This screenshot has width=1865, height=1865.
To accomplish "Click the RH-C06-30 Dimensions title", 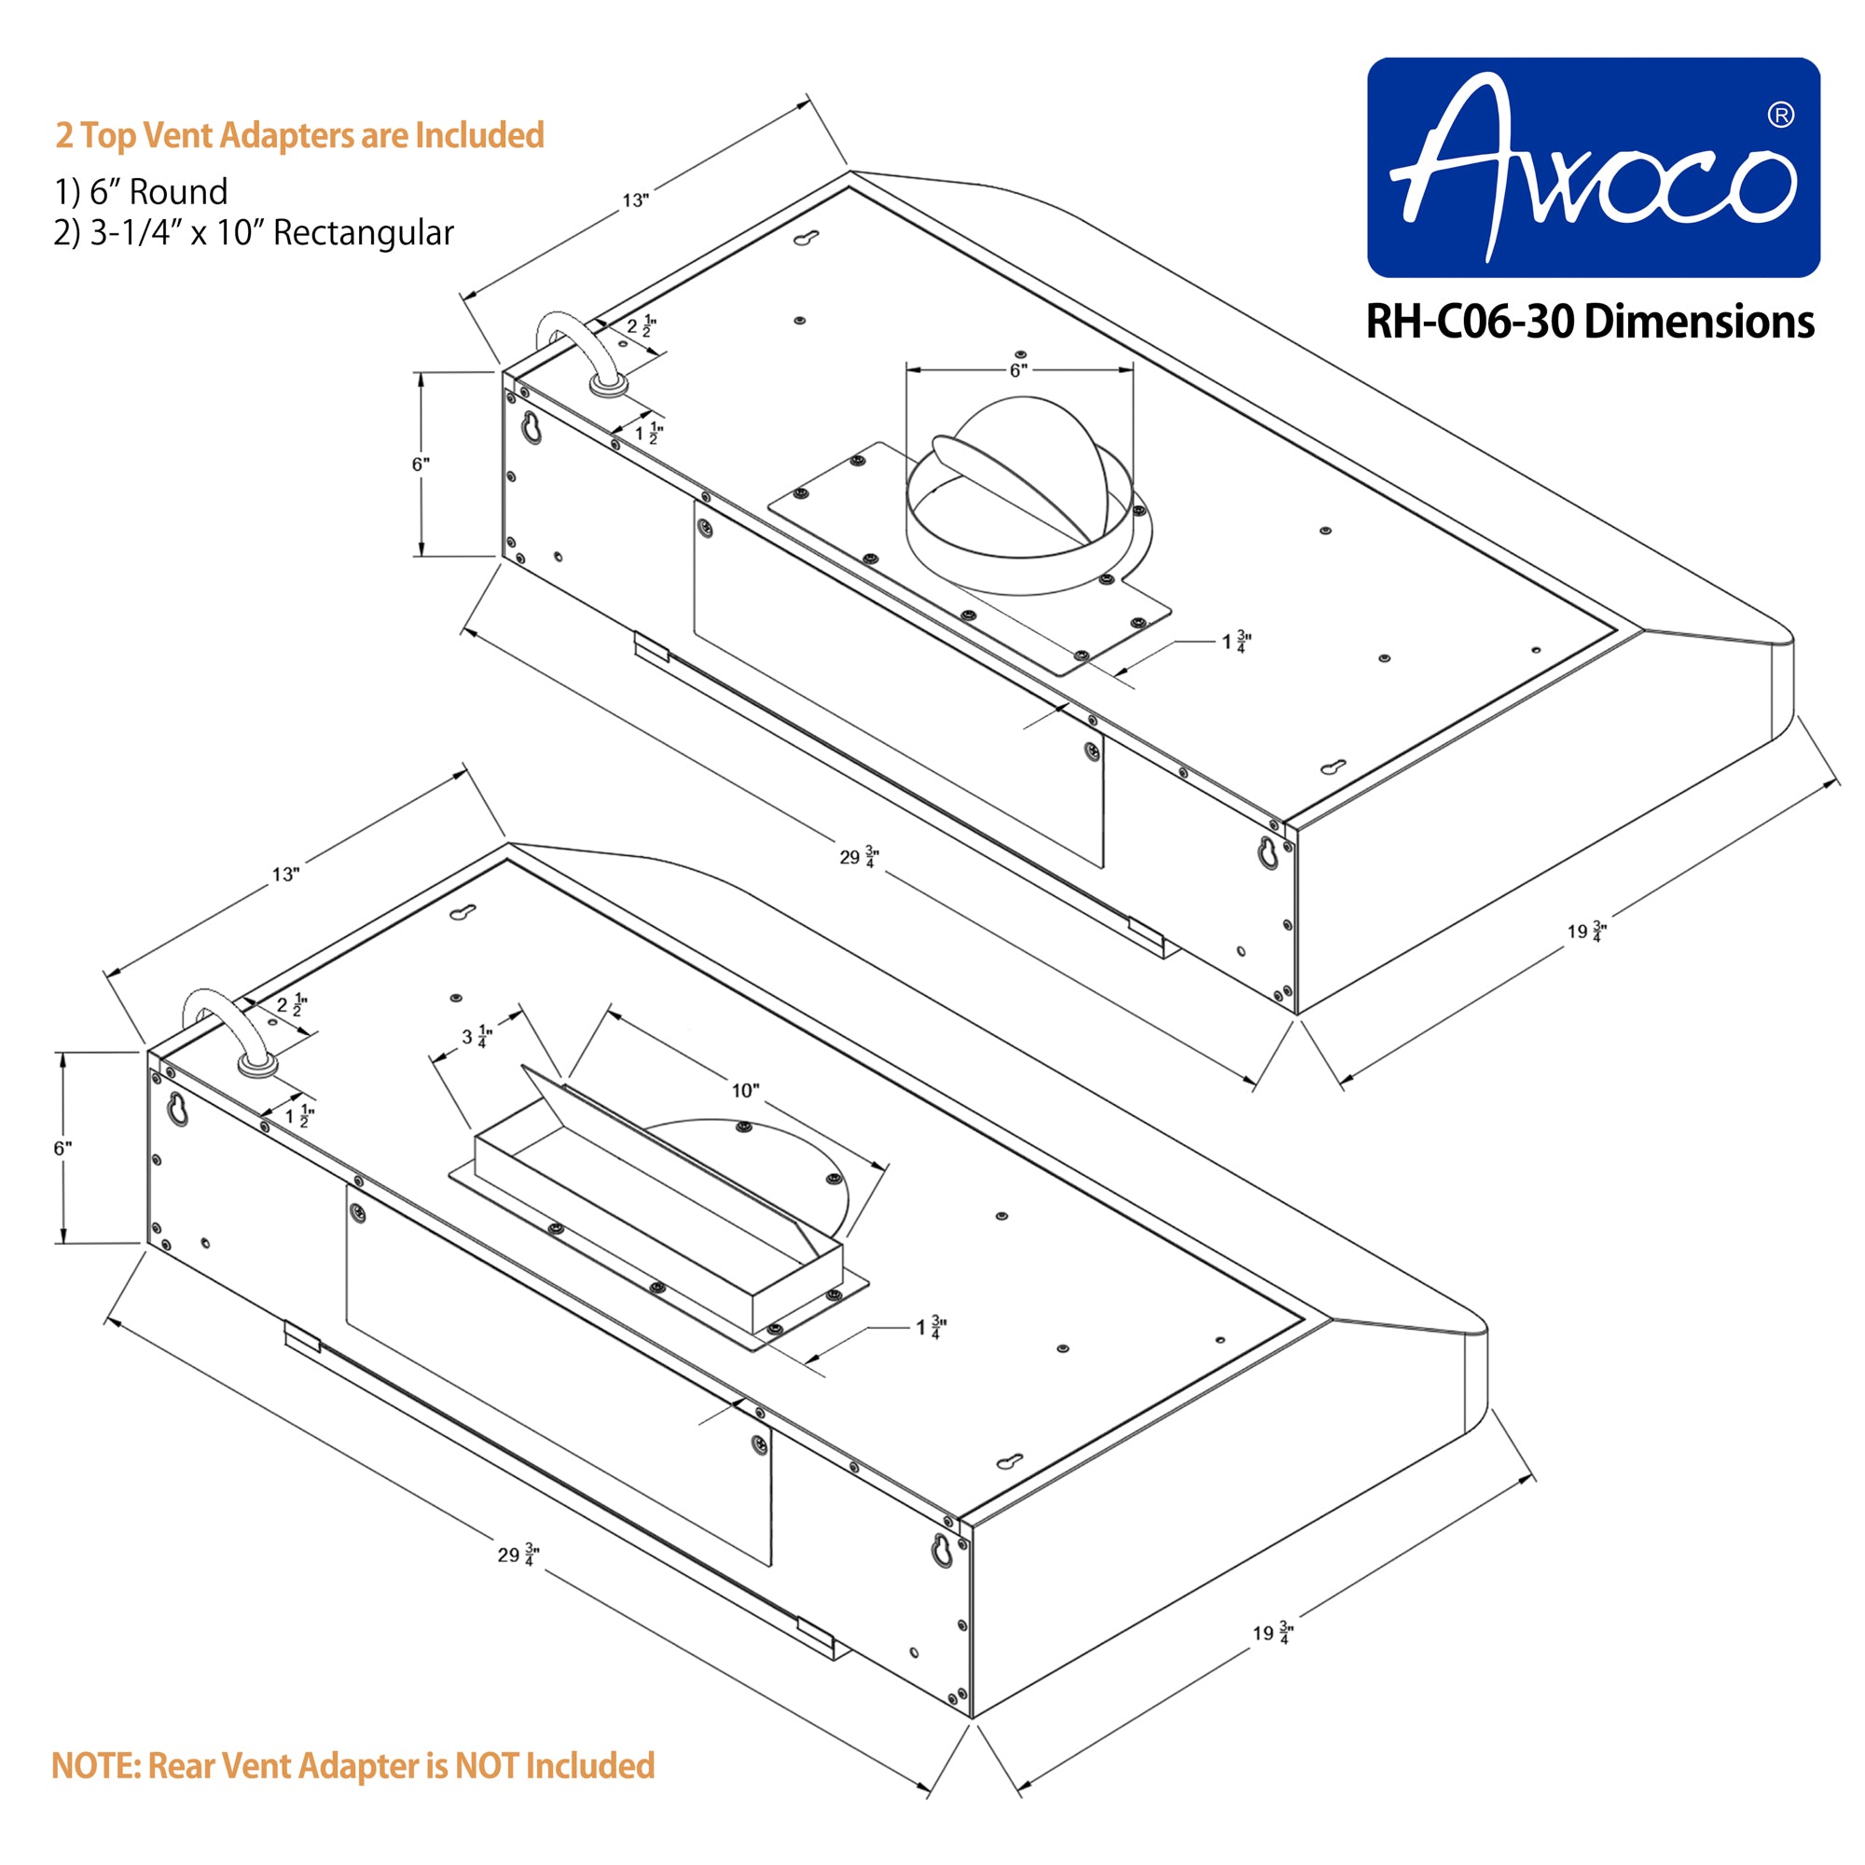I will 1589,323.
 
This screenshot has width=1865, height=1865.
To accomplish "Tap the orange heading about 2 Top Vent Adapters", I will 299,135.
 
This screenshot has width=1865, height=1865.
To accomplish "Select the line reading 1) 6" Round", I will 141,192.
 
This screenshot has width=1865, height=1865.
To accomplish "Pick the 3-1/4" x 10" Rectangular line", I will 254,232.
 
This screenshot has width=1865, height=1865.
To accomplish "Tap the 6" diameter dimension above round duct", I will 1019,369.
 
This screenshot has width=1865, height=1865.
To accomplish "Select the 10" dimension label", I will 744,1091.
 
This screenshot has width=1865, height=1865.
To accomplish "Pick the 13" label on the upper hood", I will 635,200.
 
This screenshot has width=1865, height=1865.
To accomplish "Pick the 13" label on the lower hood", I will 285,875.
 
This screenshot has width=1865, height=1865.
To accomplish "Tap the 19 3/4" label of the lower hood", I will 1272,1633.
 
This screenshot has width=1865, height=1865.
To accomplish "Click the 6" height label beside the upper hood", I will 421,464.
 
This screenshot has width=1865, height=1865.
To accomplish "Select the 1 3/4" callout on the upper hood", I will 1236,641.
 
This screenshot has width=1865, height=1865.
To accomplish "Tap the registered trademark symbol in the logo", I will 1780,115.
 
